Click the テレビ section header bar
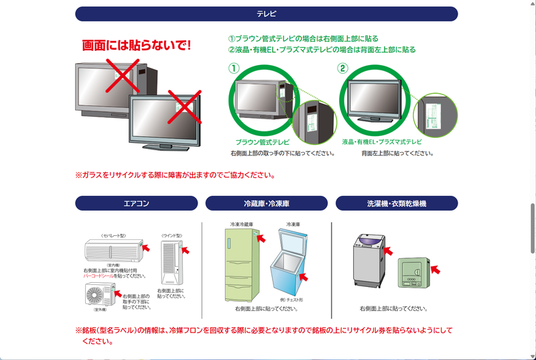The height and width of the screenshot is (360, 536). click(x=266, y=14)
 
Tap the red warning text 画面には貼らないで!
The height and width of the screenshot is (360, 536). click(x=137, y=46)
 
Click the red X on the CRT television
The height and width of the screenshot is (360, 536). click(x=121, y=76)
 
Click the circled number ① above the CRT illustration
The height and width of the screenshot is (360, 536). click(x=234, y=68)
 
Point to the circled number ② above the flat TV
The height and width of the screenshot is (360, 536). click(x=343, y=68)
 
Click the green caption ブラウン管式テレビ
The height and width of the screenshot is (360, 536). click(x=263, y=142)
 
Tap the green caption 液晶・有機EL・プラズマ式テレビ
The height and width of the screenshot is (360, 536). click(x=382, y=142)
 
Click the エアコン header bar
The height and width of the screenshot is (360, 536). click(x=136, y=203)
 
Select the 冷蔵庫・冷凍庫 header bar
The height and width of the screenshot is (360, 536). click(x=266, y=203)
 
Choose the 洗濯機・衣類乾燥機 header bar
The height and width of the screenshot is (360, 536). click(x=397, y=203)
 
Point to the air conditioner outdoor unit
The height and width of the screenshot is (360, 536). click(x=100, y=294)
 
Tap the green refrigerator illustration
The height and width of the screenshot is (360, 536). click(x=241, y=265)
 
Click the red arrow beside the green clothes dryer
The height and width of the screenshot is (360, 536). click(x=435, y=269)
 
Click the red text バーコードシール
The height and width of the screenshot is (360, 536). click(x=98, y=276)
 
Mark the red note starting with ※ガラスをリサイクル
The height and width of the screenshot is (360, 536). click(x=176, y=176)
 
